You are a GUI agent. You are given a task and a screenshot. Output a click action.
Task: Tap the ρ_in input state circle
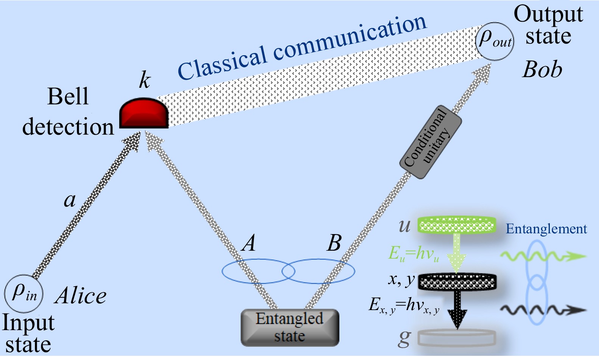(x=24, y=293)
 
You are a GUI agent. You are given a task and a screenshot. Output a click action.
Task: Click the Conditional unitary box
(x=431, y=142)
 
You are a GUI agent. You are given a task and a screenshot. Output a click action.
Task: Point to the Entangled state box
(x=290, y=327)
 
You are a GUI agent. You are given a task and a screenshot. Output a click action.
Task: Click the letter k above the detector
(x=145, y=80)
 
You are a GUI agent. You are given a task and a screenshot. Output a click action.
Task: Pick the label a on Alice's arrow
(x=70, y=200)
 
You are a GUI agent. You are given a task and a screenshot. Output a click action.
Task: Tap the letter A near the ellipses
(x=249, y=243)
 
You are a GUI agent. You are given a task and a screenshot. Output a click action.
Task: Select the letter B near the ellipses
(x=334, y=243)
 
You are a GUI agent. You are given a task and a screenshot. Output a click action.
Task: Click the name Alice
(x=81, y=296)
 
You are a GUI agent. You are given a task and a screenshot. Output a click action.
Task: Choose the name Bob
(x=542, y=70)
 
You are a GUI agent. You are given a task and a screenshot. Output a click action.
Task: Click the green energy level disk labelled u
(x=457, y=226)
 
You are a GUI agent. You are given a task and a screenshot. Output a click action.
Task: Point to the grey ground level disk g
(x=457, y=338)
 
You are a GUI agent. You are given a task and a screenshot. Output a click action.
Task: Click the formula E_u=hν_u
(x=414, y=254)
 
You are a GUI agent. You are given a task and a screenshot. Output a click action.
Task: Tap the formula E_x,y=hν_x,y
(x=404, y=306)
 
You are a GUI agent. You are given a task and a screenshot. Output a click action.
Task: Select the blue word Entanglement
(x=546, y=229)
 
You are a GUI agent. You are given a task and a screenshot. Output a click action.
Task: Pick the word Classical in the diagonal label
(x=222, y=63)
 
